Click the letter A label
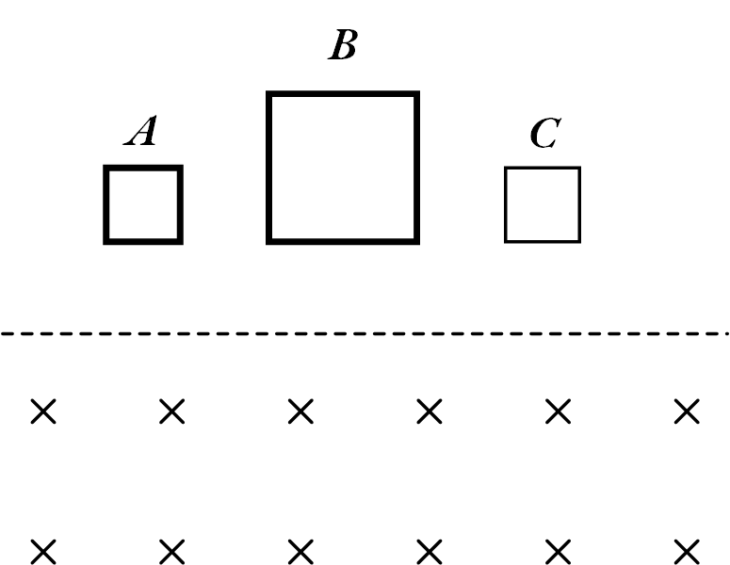141,133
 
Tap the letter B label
342,46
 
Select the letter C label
543,134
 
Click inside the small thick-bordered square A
142,204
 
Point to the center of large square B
343,168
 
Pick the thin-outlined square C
543,204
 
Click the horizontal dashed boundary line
365,333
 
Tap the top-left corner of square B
270,95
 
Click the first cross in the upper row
42,412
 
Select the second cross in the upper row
171,412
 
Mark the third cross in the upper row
300,412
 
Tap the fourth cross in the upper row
430,412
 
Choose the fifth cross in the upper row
559,412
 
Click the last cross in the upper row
688,412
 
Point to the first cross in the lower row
42,550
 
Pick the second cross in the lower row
171,550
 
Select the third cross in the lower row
300,550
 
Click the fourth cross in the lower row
430,550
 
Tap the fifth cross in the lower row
559,550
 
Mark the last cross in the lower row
688,550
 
